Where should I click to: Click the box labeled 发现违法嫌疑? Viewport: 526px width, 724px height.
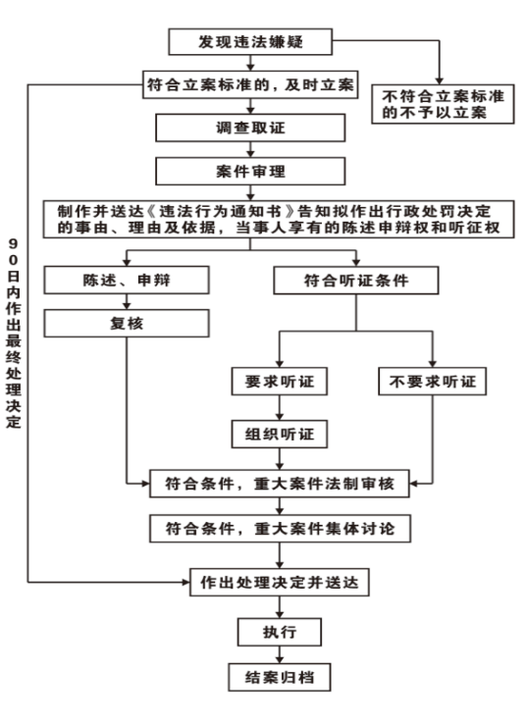(250, 42)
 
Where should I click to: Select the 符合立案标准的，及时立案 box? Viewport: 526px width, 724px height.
(250, 84)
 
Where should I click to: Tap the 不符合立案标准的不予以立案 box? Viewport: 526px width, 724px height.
(443, 104)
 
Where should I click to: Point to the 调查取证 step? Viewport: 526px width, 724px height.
(250, 128)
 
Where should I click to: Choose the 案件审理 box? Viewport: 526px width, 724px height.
(250, 172)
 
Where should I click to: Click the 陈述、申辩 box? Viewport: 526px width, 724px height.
(127, 280)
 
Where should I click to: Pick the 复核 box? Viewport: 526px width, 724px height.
(127, 323)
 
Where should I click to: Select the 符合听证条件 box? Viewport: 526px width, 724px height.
(356, 281)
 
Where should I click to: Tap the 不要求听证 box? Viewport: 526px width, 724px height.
(432, 382)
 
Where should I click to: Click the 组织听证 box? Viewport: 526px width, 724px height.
(280, 434)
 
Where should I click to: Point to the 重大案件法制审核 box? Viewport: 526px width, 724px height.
(280, 484)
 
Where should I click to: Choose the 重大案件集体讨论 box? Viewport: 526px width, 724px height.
(280, 528)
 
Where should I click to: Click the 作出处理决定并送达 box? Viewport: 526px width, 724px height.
(280, 583)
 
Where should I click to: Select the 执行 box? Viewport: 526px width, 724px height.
(280, 632)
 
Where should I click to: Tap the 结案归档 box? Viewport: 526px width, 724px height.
(280, 677)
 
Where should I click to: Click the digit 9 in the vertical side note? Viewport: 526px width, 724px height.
(13, 244)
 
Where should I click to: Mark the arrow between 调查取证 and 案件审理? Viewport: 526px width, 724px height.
(250, 149)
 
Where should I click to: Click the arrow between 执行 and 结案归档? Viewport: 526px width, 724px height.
(280, 654)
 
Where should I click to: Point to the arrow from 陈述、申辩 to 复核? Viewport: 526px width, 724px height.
(127, 301)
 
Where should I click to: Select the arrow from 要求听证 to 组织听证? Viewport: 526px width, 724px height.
(280, 408)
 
